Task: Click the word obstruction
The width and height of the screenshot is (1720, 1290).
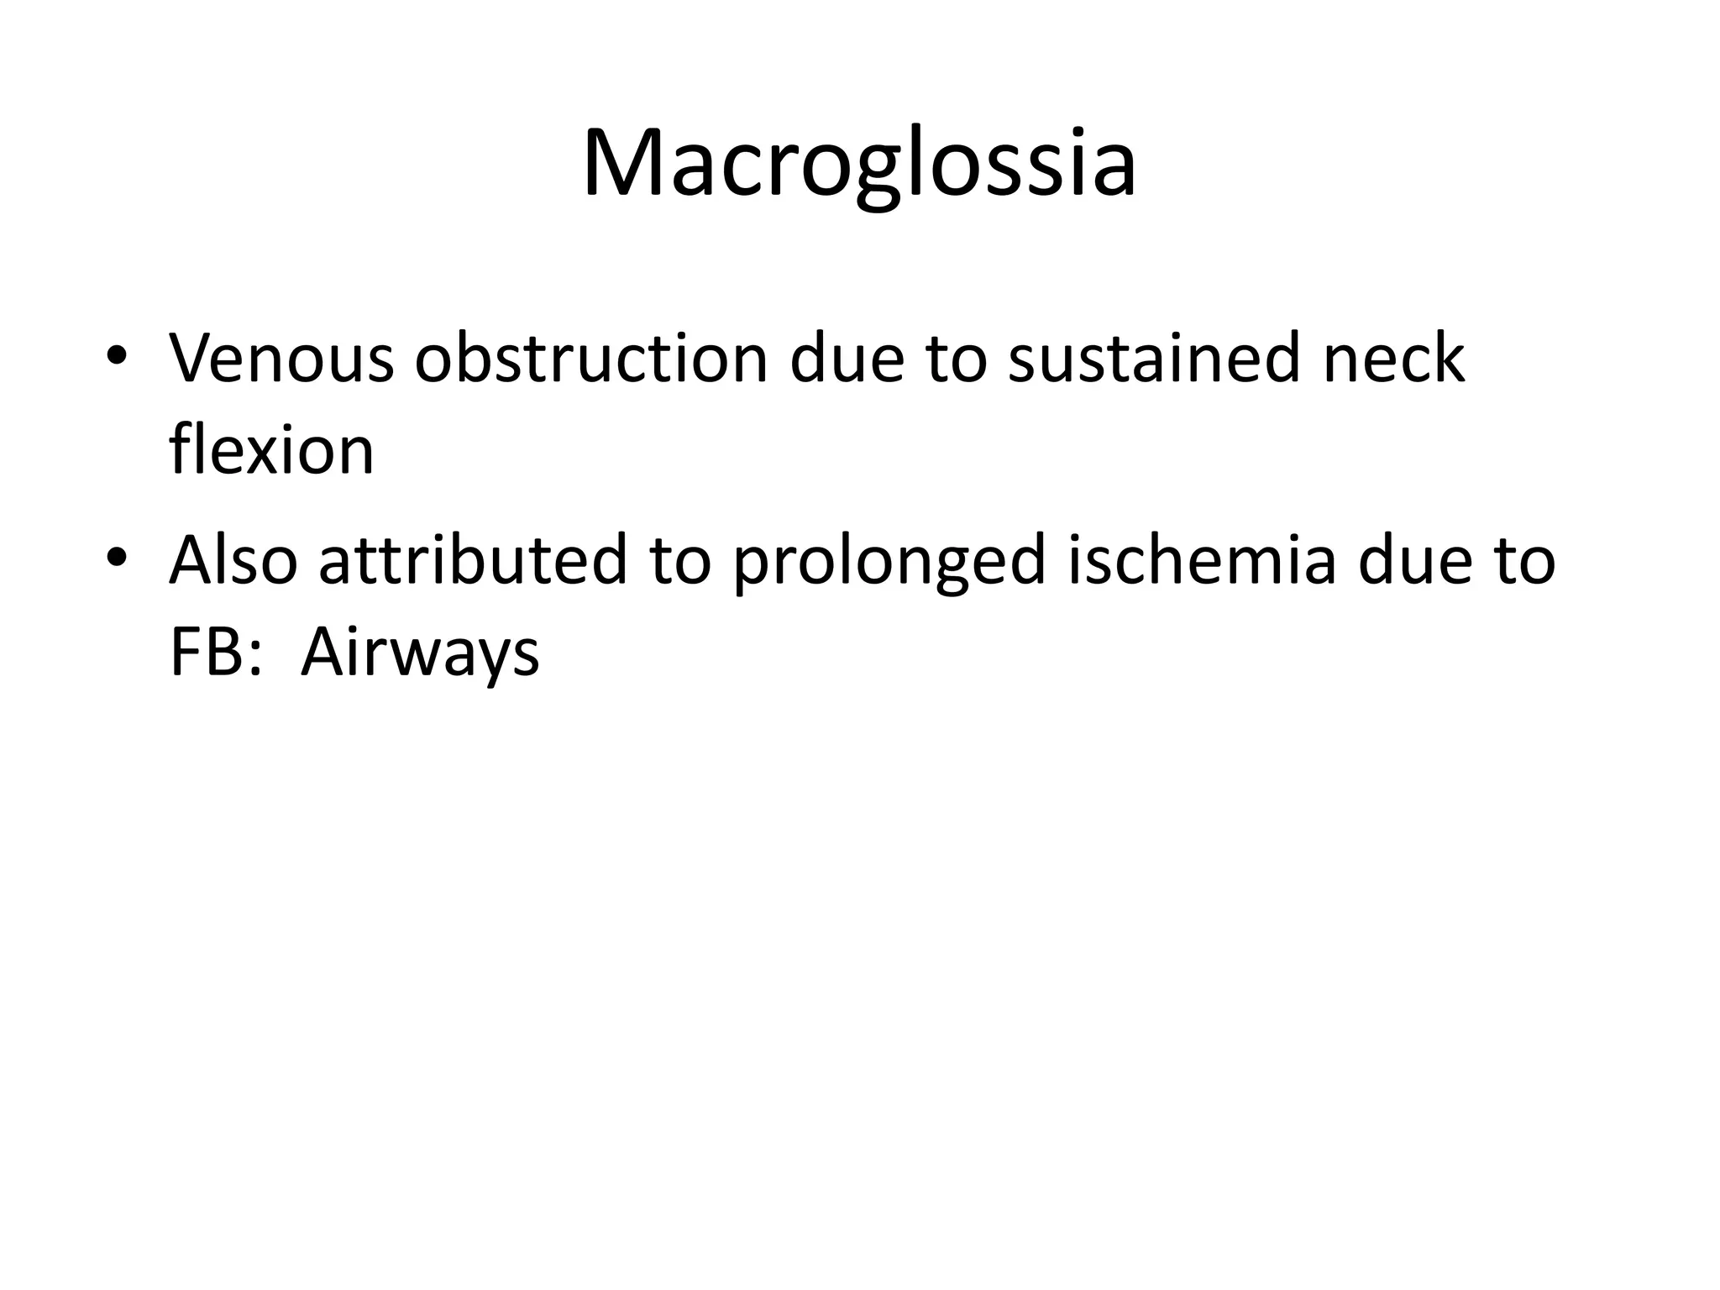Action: point(591,359)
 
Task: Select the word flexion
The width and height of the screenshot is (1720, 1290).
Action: point(271,450)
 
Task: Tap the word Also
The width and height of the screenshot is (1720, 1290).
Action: point(233,561)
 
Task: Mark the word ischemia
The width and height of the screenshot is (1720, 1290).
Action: point(1201,561)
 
